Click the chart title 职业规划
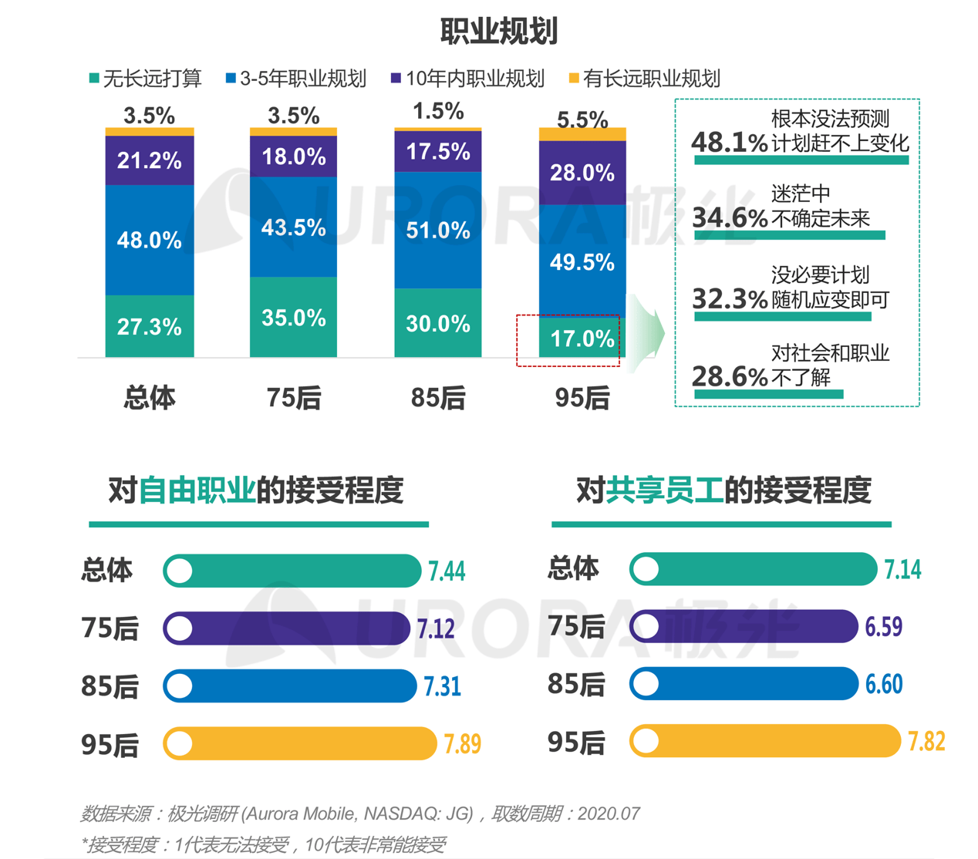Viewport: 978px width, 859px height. point(498,31)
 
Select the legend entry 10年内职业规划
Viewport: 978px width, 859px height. point(467,79)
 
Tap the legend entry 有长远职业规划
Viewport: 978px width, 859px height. point(644,79)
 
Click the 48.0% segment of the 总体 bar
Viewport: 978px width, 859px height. point(150,240)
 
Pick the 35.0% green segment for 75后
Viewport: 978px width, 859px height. point(293,318)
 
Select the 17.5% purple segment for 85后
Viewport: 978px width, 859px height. point(438,152)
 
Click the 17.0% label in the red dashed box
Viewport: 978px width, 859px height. point(582,339)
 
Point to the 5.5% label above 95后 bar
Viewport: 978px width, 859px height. point(582,120)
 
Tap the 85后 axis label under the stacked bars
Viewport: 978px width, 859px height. point(438,398)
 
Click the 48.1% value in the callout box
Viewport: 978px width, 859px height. point(729,142)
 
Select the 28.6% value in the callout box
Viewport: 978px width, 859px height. point(729,376)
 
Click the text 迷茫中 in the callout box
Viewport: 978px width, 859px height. point(800,194)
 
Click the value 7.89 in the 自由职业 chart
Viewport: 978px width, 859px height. point(462,744)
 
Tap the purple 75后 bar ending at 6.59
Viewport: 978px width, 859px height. point(744,626)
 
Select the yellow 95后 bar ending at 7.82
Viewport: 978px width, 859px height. point(764,741)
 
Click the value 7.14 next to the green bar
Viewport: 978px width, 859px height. point(902,570)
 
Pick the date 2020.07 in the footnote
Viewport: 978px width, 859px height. point(609,814)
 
